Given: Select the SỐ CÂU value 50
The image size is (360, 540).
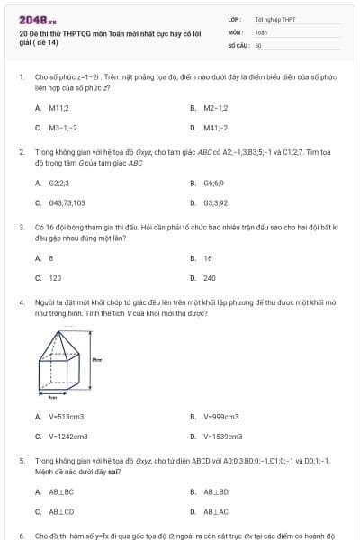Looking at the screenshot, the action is coord(258,44).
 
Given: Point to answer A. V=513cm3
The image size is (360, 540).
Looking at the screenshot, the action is coord(59,417).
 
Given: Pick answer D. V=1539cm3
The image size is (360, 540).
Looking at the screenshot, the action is coord(216,436).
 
